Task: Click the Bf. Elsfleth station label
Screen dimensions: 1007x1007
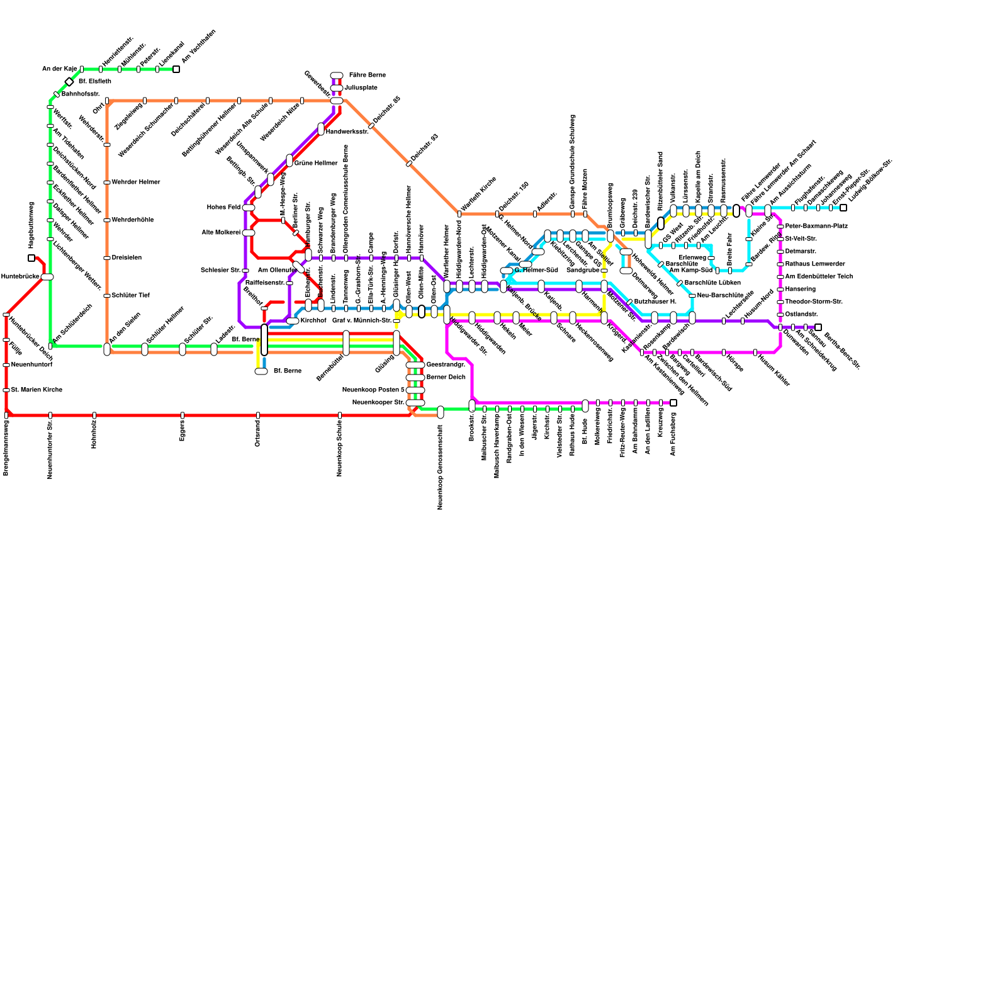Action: (95, 82)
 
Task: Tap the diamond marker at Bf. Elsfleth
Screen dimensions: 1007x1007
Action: (69, 82)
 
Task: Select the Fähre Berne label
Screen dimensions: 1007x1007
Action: (367, 76)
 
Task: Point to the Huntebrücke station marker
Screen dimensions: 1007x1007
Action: (47, 277)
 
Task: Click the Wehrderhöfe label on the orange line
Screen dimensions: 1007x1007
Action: (133, 220)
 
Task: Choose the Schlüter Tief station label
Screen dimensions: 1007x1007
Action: (131, 296)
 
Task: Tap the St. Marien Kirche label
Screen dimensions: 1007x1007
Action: (37, 390)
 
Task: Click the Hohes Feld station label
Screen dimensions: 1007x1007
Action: (223, 208)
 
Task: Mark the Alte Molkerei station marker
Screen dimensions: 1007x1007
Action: (249, 233)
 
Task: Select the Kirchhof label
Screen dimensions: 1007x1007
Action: (313, 321)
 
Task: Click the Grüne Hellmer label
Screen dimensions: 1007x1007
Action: (316, 164)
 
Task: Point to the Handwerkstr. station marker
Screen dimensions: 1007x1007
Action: (321, 129)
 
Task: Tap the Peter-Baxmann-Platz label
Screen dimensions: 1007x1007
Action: (816, 227)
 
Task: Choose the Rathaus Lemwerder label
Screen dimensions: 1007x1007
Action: (815, 264)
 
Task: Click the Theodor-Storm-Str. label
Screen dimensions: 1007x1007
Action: (814, 302)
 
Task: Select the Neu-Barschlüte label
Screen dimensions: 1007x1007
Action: (721, 296)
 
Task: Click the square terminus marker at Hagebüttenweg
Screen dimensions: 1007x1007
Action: (31, 258)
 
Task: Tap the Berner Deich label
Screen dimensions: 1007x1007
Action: (446, 378)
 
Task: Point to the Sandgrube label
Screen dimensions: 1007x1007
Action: (583, 271)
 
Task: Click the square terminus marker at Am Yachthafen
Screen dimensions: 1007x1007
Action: (176, 69)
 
